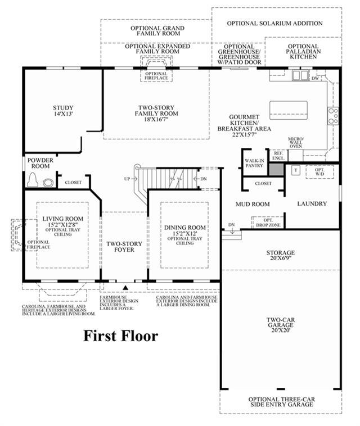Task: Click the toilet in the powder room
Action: click(x=33, y=180)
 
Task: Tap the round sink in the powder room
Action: click(x=48, y=183)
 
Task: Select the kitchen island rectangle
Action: click(x=289, y=110)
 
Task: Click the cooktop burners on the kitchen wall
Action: click(x=333, y=115)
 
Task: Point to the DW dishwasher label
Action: click(x=315, y=78)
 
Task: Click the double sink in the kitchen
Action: click(x=300, y=75)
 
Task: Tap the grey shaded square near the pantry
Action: click(x=276, y=169)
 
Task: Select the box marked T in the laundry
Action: click(x=296, y=170)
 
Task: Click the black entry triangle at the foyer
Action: click(x=125, y=287)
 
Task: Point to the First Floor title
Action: click(x=120, y=336)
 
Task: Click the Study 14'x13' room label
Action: click(x=63, y=111)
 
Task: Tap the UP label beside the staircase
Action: click(x=127, y=179)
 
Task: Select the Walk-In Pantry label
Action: click(x=254, y=163)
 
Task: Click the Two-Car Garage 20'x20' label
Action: click(x=280, y=325)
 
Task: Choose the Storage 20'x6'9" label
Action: click(x=280, y=255)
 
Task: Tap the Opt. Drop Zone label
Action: click(x=268, y=223)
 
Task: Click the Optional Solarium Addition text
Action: click(x=274, y=24)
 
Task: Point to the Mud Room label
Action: click(x=253, y=204)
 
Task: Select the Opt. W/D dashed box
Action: click(x=319, y=172)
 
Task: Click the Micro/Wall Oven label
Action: click(x=295, y=143)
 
